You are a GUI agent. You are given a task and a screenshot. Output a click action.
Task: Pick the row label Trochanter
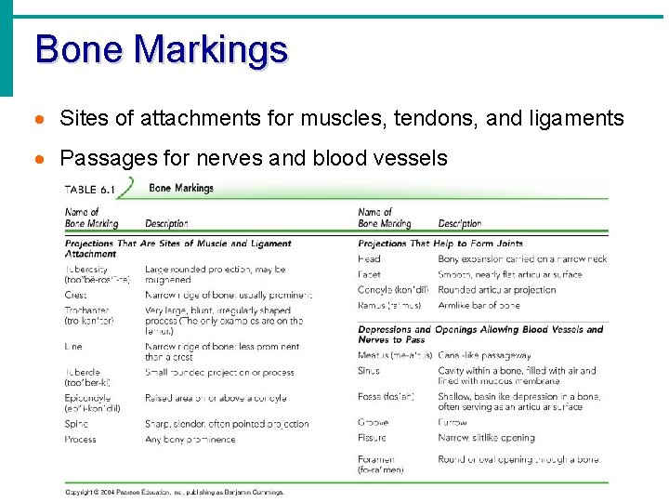87,310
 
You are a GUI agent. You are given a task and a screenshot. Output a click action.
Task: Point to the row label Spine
76,424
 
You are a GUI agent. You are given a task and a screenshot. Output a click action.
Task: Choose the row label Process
81,439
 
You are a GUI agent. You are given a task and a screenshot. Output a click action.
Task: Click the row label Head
369,259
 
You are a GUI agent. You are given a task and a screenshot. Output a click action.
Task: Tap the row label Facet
369,274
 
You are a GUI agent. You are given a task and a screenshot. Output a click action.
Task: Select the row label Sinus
369,371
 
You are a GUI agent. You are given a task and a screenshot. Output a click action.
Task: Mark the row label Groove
374,422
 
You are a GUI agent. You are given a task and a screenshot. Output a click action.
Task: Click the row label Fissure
373,437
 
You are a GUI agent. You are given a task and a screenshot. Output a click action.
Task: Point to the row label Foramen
376,459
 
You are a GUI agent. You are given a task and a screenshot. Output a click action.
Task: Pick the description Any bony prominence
190,439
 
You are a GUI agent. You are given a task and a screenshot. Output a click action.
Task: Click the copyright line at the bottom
174,492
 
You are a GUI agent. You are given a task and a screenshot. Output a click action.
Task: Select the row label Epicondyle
88,398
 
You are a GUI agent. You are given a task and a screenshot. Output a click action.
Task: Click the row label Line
73,347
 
